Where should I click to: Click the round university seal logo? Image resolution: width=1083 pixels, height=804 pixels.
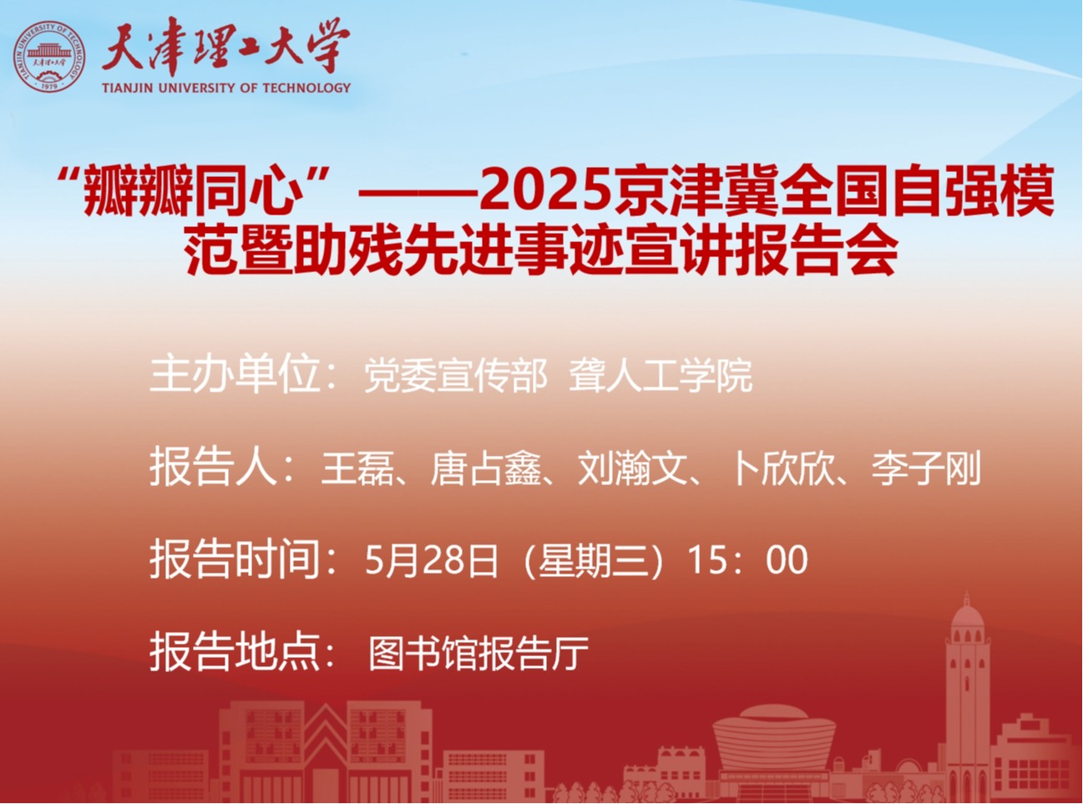coord(48,56)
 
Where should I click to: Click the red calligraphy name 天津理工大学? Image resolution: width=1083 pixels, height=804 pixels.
coord(225,47)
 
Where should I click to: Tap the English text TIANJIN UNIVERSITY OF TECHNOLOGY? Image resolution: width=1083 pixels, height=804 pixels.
coord(226,88)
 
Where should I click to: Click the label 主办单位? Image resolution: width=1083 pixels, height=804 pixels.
coord(235,375)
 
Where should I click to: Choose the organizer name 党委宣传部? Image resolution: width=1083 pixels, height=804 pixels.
coord(456,377)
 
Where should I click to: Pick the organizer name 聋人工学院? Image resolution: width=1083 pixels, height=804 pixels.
coord(660,377)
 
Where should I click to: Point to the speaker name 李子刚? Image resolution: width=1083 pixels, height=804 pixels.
coord(926,468)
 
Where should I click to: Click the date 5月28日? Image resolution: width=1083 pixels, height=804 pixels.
coord(432,560)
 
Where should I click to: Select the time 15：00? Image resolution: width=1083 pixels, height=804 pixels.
coord(747,560)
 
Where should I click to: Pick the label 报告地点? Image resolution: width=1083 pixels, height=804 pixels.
coord(235,652)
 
